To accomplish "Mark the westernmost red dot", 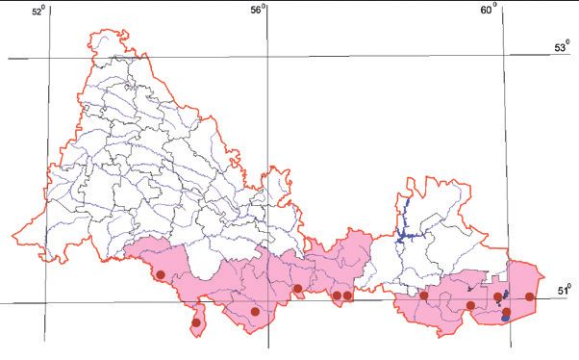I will tap(161, 275).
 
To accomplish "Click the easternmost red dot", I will tap(530, 296).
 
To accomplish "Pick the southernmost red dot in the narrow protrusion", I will tap(196, 322).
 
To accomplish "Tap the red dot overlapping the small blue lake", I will tap(506, 312).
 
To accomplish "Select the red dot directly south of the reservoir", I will tap(423, 296).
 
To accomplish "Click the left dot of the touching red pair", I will tap(337, 296).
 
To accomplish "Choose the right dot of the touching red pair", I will tap(348, 296).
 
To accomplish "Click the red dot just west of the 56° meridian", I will tap(255, 311).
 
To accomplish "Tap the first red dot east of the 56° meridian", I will tap(298, 288).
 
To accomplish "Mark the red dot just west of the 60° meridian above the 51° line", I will tap(497, 296).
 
